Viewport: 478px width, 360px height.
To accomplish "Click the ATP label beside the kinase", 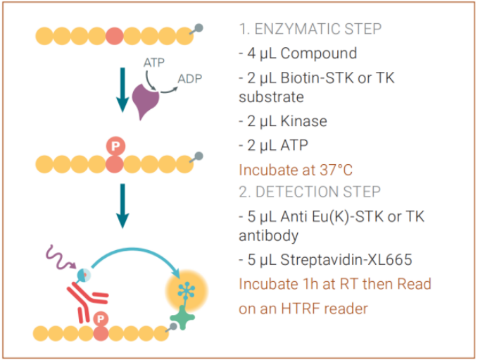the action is click(154, 63).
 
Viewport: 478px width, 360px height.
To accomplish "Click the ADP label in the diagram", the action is click(190, 79).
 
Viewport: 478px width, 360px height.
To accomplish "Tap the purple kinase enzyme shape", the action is click(146, 101).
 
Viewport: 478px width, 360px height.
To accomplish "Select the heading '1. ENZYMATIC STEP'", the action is click(310, 29).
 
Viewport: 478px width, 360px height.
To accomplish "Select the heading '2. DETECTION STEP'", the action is click(310, 192).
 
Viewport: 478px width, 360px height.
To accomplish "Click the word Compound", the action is click(319, 54).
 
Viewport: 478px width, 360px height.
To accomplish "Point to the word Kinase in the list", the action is click(303, 121).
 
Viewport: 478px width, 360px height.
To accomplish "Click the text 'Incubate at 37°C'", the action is click(296, 170).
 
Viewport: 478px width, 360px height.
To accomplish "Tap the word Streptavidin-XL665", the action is click(346, 260).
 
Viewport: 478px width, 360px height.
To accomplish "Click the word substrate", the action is click(271, 97).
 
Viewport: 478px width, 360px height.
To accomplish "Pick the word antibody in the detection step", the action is click(269, 235).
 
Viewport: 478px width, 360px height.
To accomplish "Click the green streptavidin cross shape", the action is click(182, 317).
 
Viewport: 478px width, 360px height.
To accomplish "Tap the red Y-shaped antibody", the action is click(86, 301).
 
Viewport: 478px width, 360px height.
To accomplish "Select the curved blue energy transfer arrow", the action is click(132, 250).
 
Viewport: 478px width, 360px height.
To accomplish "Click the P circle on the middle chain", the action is click(115, 146).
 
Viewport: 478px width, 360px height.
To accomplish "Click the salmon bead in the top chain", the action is click(115, 36).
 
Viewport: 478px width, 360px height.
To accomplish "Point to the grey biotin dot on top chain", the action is click(199, 27).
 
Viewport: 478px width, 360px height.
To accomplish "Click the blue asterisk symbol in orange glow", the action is click(187, 290).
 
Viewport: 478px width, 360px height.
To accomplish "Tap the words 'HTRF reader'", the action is click(325, 309).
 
